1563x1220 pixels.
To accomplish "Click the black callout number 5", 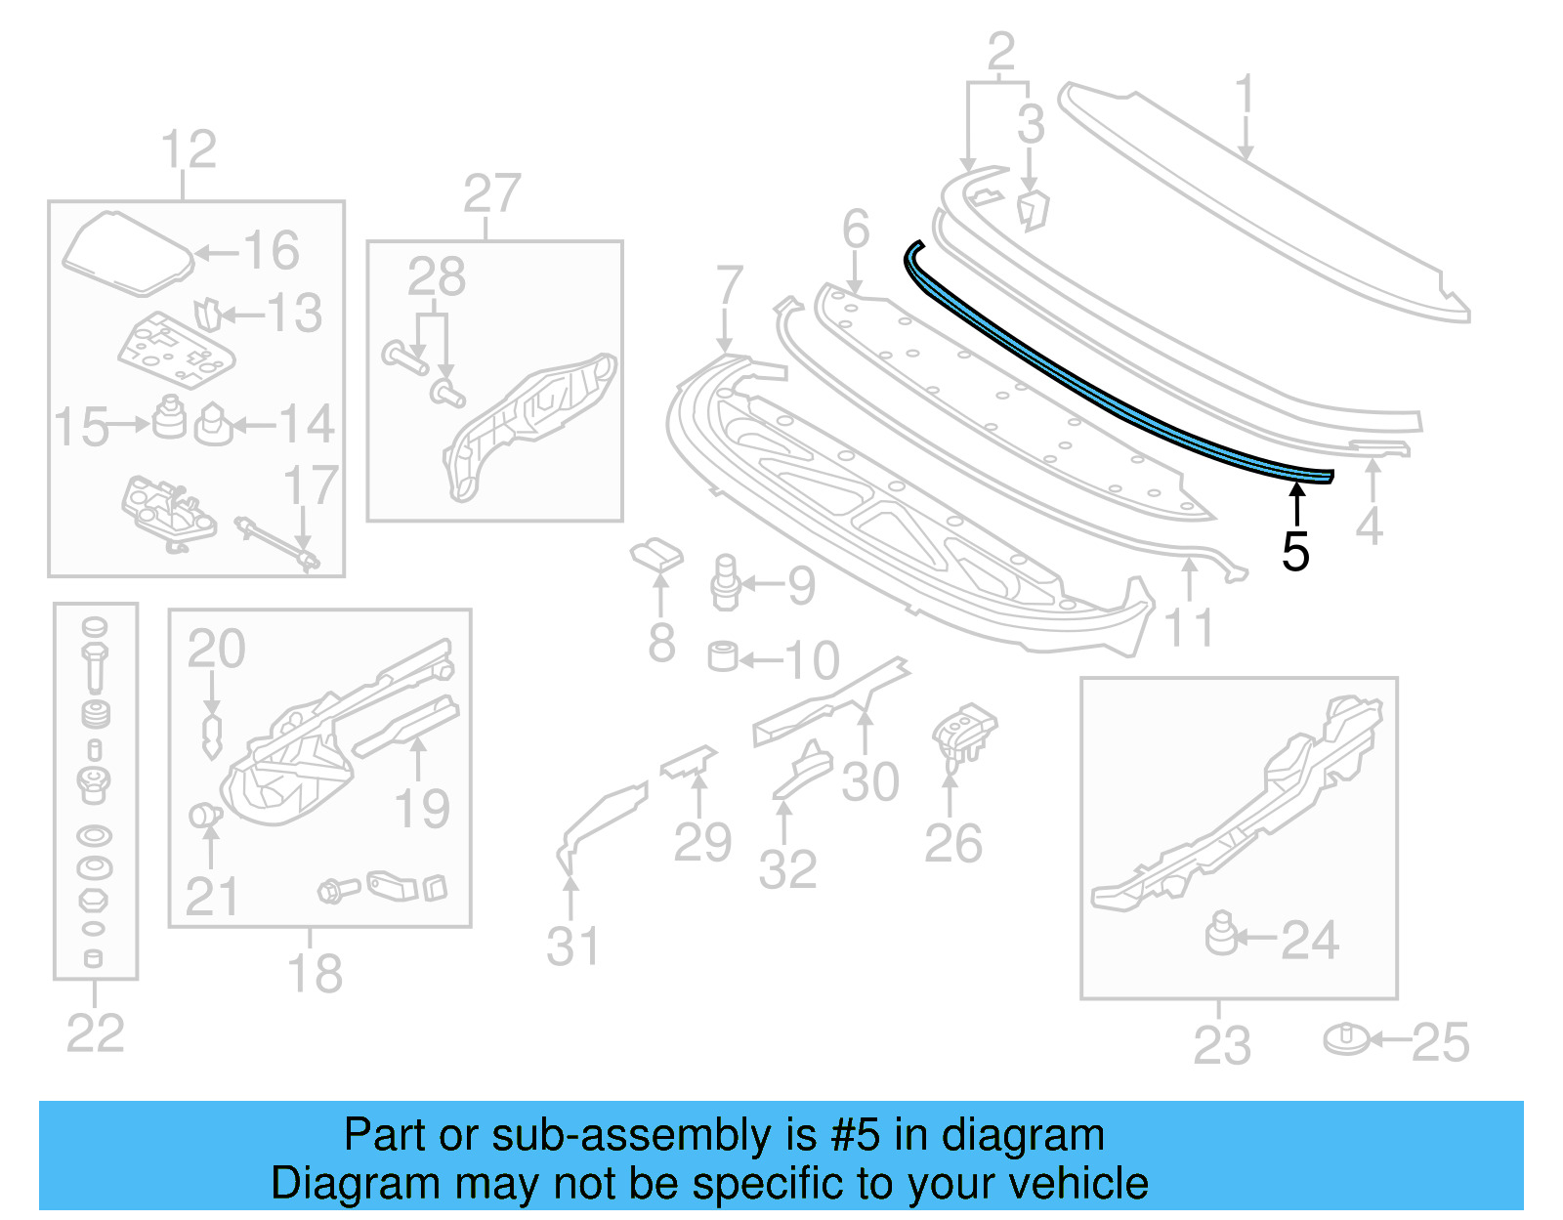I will pos(1295,553).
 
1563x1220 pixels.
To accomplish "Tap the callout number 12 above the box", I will pos(188,150).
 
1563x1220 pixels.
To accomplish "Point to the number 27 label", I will pos(491,193).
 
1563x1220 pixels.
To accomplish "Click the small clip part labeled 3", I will pos(1032,210).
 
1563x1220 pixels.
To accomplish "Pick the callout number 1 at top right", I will pos(1244,98).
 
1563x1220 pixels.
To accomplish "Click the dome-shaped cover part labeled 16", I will pos(127,252).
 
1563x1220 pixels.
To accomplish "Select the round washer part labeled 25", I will pos(1348,1039).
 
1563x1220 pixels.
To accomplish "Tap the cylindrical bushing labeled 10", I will pos(723,656).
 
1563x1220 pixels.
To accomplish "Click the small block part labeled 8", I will pos(656,555).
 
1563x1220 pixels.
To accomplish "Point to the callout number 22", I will pos(95,1033).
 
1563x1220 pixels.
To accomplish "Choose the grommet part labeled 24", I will pos(1220,934).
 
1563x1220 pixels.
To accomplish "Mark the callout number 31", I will pos(572,946).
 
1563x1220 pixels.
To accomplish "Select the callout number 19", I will pos(421,809).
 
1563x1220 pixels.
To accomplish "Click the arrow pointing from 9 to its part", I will pos(763,585).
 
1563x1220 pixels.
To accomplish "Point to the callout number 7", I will pos(729,287).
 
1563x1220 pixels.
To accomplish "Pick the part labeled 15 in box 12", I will pos(169,417).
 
